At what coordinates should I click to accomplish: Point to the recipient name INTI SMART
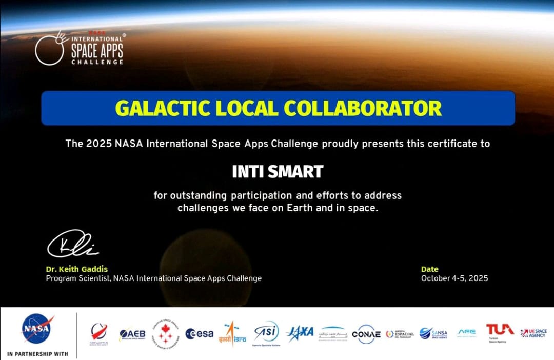point(278,171)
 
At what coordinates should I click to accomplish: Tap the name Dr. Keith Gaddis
point(77,269)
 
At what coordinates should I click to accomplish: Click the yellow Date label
point(429,269)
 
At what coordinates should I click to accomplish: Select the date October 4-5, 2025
point(454,278)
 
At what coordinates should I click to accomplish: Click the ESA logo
point(200,333)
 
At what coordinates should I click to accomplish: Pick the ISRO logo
point(232,333)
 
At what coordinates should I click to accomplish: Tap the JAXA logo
point(300,332)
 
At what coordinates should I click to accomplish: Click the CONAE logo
point(366,334)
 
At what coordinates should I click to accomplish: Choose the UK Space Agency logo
point(533,333)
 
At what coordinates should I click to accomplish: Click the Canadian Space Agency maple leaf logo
point(168,333)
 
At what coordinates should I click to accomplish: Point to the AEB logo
point(132,334)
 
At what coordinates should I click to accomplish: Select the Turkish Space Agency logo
point(500,331)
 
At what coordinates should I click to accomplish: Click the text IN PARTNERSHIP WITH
point(37,354)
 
